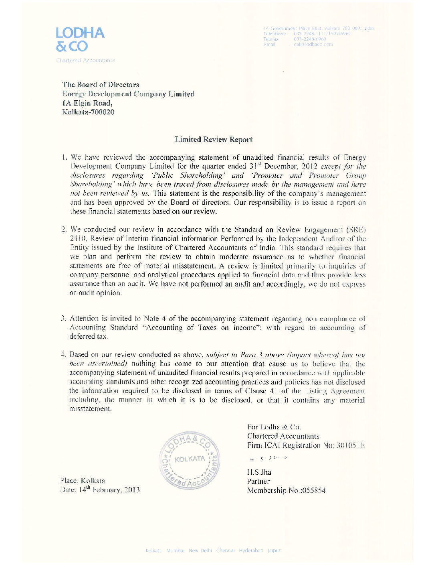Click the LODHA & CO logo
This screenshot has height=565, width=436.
pyautogui.click(x=80, y=39)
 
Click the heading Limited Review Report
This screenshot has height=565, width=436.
pyautogui.click(x=214, y=140)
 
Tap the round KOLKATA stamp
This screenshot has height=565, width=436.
pyautogui.click(x=190, y=460)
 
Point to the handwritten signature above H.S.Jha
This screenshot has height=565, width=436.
pyautogui.click(x=268, y=458)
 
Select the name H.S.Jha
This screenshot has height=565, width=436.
pyautogui.click(x=259, y=472)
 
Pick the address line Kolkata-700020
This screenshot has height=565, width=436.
pyautogui.click(x=88, y=112)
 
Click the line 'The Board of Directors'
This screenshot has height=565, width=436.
pyautogui.click(x=101, y=85)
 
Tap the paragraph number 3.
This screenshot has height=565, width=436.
pyautogui.click(x=63, y=319)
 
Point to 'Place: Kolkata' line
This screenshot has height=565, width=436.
pyautogui.click(x=83, y=481)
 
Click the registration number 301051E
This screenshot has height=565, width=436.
pyautogui.click(x=350, y=445)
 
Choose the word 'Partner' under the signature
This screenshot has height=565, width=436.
pyautogui.click(x=258, y=482)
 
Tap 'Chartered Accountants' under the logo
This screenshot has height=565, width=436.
pyautogui.click(x=85, y=61)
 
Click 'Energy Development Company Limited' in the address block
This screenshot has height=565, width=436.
pyautogui.click(x=128, y=94)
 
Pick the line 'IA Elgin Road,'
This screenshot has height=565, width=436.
pyautogui.click(x=87, y=103)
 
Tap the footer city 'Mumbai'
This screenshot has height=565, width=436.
pyautogui.click(x=175, y=551)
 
